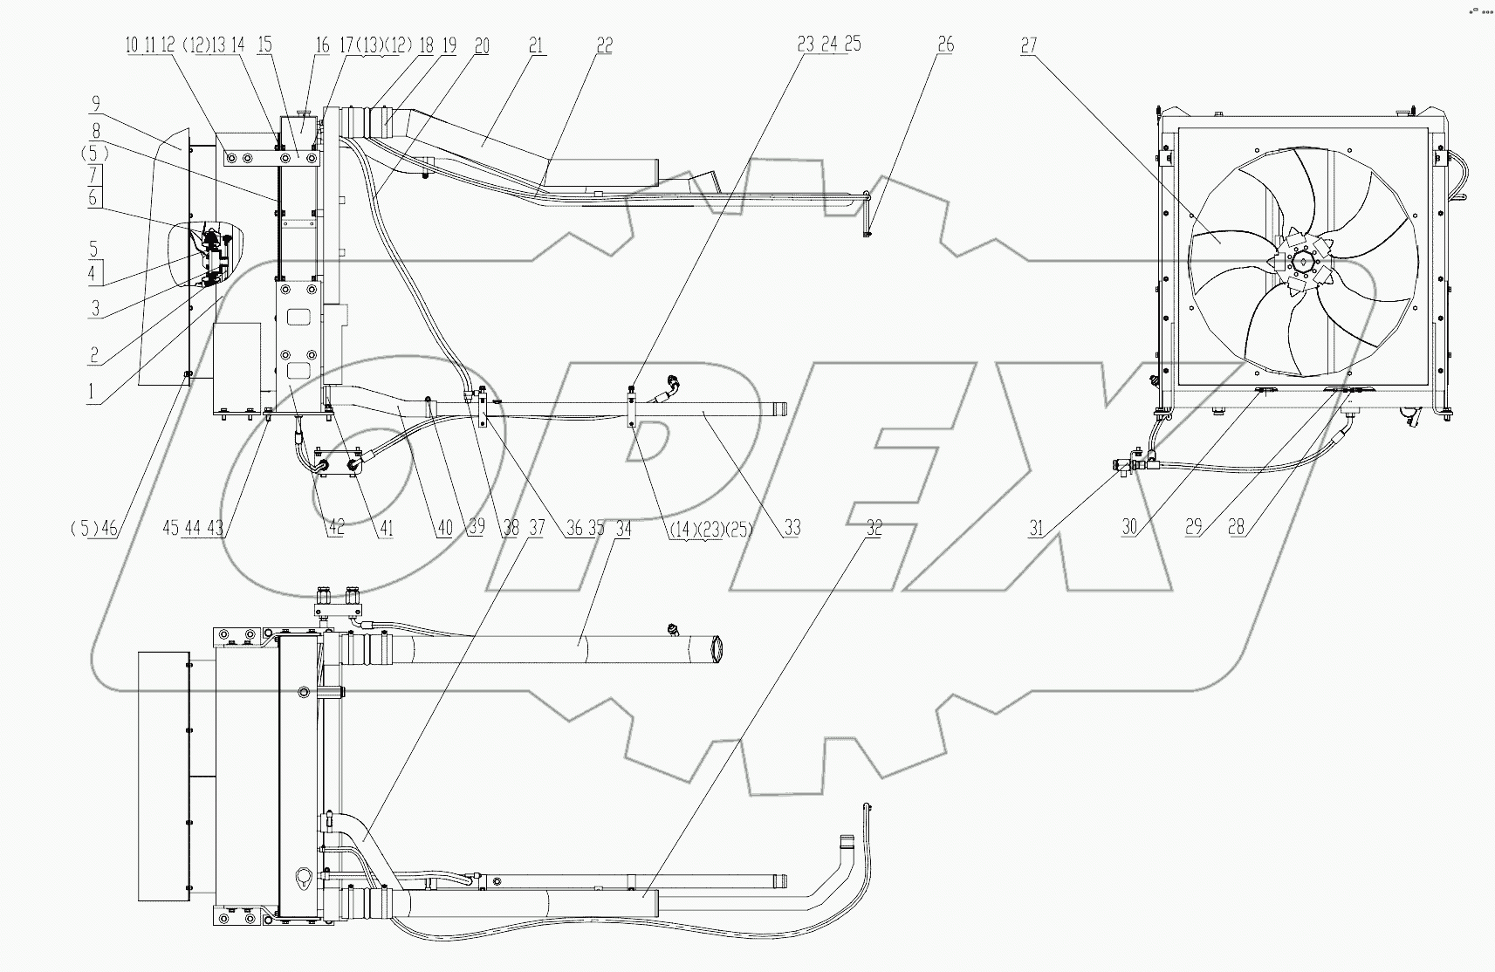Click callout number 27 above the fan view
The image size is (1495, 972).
(1028, 46)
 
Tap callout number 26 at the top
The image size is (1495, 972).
(946, 46)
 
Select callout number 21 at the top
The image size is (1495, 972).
(536, 46)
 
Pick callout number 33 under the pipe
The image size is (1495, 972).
(792, 528)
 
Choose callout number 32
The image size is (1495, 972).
(873, 528)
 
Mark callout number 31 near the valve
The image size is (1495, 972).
(1036, 528)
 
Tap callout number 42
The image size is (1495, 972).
(335, 528)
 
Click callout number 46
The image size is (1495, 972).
(112, 528)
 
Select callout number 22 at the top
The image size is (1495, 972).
(604, 46)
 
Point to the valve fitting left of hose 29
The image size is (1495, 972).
(1133, 463)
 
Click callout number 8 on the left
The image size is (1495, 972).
(98, 130)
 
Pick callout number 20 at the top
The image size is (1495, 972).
(482, 46)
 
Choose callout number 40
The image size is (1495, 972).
(445, 528)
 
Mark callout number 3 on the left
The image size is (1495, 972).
(96, 308)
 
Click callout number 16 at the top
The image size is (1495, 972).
(323, 46)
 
